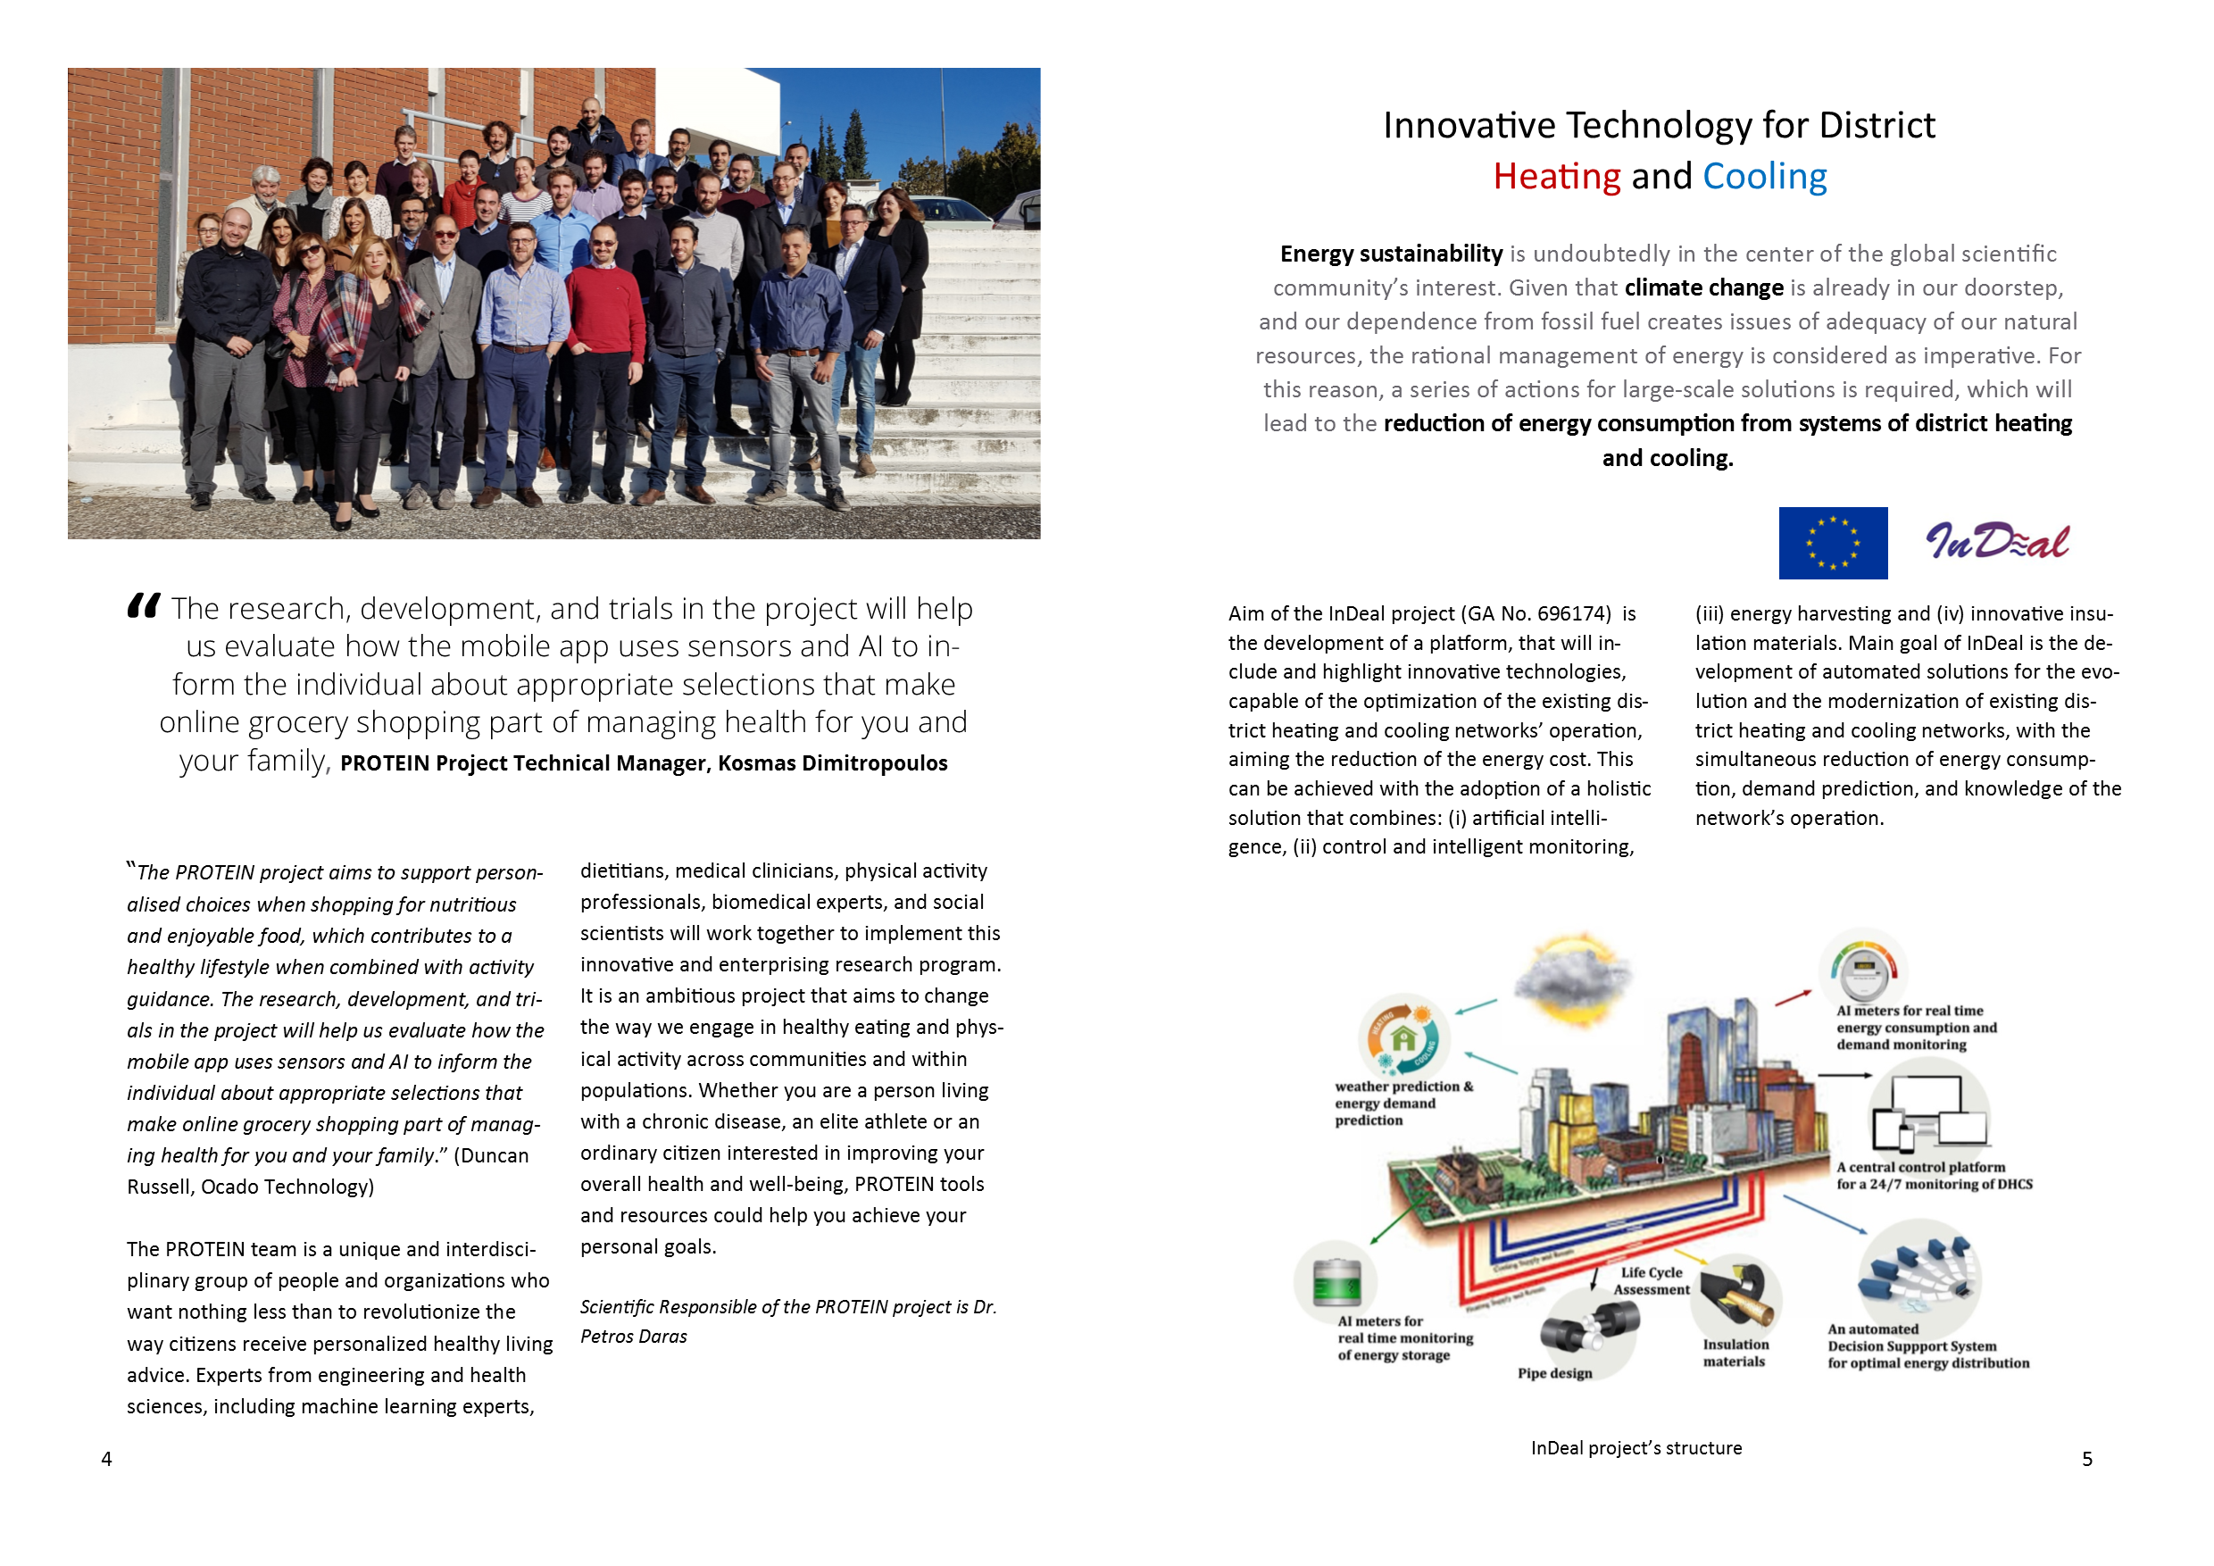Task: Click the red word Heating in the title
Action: point(1555,177)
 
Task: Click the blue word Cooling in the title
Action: point(1764,177)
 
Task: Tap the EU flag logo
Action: point(1832,543)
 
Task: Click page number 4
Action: point(107,1459)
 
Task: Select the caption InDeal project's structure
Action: point(1636,1447)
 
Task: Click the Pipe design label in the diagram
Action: point(1554,1373)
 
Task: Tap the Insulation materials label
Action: point(1735,1353)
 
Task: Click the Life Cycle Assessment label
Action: point(1651,1280)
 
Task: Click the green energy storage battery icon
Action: point(1337,1282)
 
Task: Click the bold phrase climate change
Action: point(1703,287)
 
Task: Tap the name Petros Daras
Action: point(634,1337)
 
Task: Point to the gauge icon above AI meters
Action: point(1864,969)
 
